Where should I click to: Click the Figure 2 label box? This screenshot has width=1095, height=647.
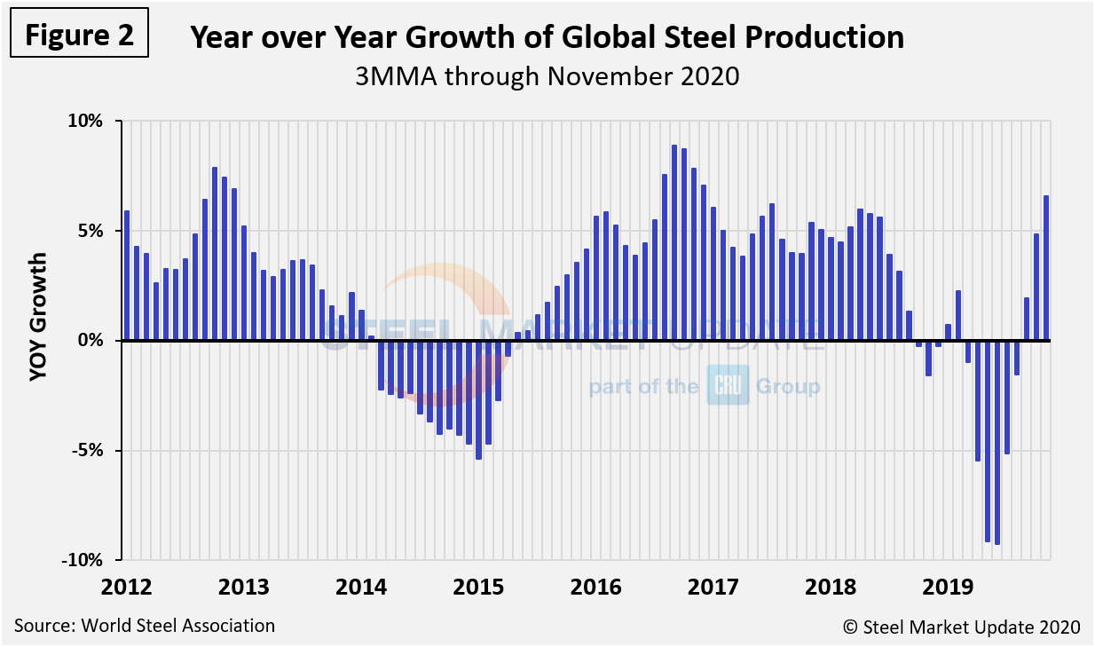[x=78, y=36]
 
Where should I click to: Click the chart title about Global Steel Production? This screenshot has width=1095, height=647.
[x=547, y=37]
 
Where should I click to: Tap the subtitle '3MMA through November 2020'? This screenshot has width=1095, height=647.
[x=547, y=76]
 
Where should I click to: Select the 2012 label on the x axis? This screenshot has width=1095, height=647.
[x=126, y=588]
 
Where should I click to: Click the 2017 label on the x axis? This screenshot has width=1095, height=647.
[x=713, y=588]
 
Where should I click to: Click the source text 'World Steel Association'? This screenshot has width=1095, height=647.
[x=144, y=626]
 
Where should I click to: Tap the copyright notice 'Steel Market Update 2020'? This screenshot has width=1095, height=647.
[x=961, y=627]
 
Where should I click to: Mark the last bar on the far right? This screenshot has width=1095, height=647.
[x=1046, y=267]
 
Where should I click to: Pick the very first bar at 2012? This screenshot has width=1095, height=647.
[x=127, y=275]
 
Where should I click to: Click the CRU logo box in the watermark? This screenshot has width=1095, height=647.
[x=728, y=387]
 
